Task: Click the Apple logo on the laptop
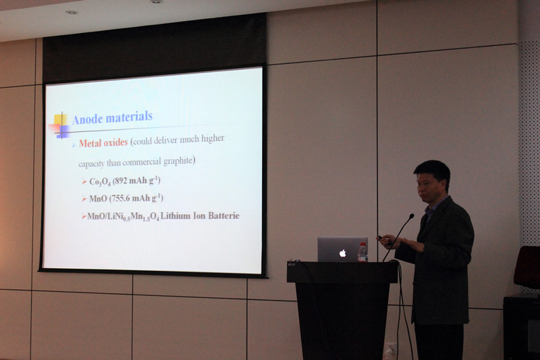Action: [x=342, y=253]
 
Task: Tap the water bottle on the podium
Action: [x=362, y=253]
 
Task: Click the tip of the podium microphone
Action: [x=412, y=215]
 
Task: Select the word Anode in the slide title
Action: [x=88, y=119]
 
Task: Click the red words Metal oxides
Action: [x=103, y=143]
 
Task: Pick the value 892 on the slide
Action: [x=121, y=180]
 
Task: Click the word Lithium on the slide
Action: [x=175, y=216]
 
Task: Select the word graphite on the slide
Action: [x=178, y=161]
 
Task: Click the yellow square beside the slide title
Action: [x=60, y=120]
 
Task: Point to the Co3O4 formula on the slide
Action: [x=100, y=182]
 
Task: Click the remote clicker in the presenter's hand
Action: [x=380, y=238]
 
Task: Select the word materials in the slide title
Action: [x=129, y=117]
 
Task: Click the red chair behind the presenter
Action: [x=527, y=267]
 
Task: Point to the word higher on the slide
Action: [x=213, y=138]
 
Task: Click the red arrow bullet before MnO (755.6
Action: [x=84, y=199]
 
